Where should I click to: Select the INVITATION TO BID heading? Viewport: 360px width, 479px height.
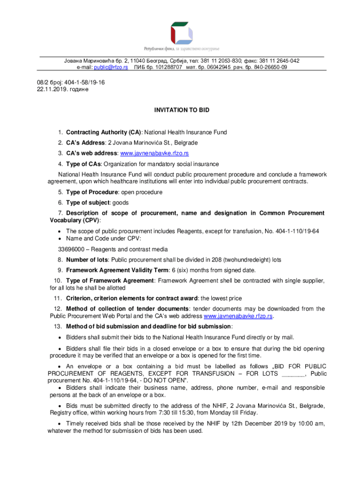(x=182, y=110)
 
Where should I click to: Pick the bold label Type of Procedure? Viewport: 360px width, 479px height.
(x=90, y=192)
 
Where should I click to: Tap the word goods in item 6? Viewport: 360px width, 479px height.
(x=120, y=203)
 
